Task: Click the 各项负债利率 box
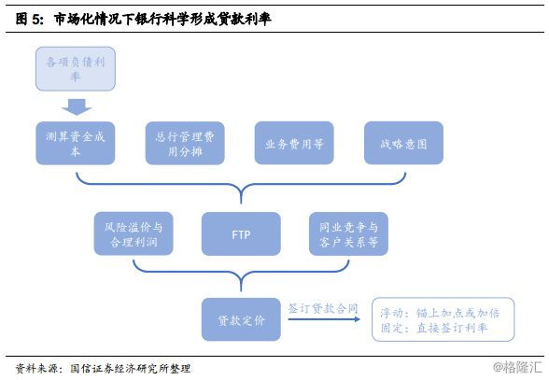tap(76, 69)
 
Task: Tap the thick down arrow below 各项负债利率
tap(77, 106)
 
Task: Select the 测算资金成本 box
tap(76, 143)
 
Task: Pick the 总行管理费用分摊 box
tap(185, 143)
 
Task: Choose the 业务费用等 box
tap(294, 143)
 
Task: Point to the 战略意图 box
tap(403, 143)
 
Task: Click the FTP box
tap(241, 233)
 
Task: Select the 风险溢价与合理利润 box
tap(134, 233)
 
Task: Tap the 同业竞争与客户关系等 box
tap(348, 233)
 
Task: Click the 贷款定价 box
tap(241, 319)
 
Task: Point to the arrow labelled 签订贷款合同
tap(324, 319)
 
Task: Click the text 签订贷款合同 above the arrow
tap(323, 308)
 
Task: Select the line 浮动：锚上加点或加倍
tap(440, 313)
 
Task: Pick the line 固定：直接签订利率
tap(434, 328)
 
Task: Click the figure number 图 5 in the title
tap(30, 19)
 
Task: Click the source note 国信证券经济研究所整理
tap(131, 369)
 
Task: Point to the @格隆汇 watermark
tap(517, 367)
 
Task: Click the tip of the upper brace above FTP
tap(241, 204)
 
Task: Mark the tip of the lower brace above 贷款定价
tap(241, 290)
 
